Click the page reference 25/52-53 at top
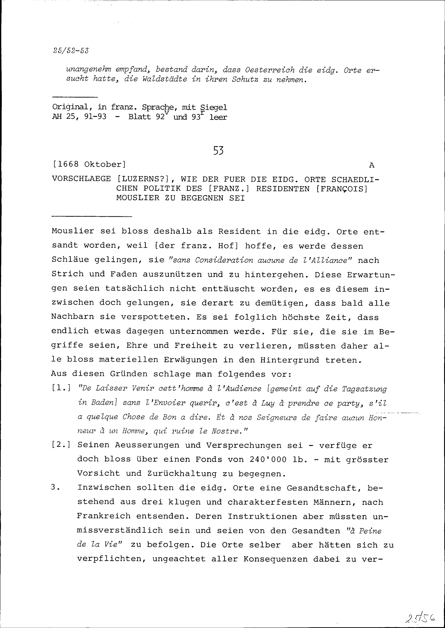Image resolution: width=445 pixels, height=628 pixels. click(x=71, y=51)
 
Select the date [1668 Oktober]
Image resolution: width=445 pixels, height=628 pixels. click(x=89, y=164)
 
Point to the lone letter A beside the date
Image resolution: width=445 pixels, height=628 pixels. click(x=372, y=165)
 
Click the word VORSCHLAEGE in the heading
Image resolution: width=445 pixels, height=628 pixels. click(x=81, y=179)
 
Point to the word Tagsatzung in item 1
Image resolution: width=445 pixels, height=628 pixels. click(x=364, y=389)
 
